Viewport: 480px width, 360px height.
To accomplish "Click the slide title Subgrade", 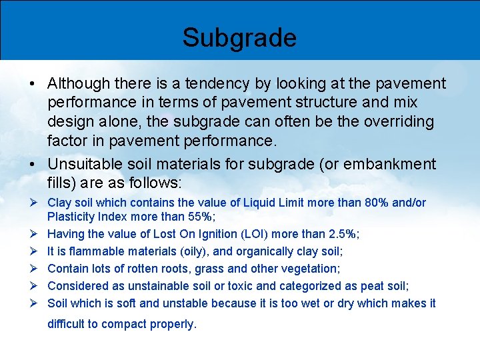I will tap(239, 37).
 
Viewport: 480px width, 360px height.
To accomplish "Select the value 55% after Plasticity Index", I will tap(201, 217).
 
